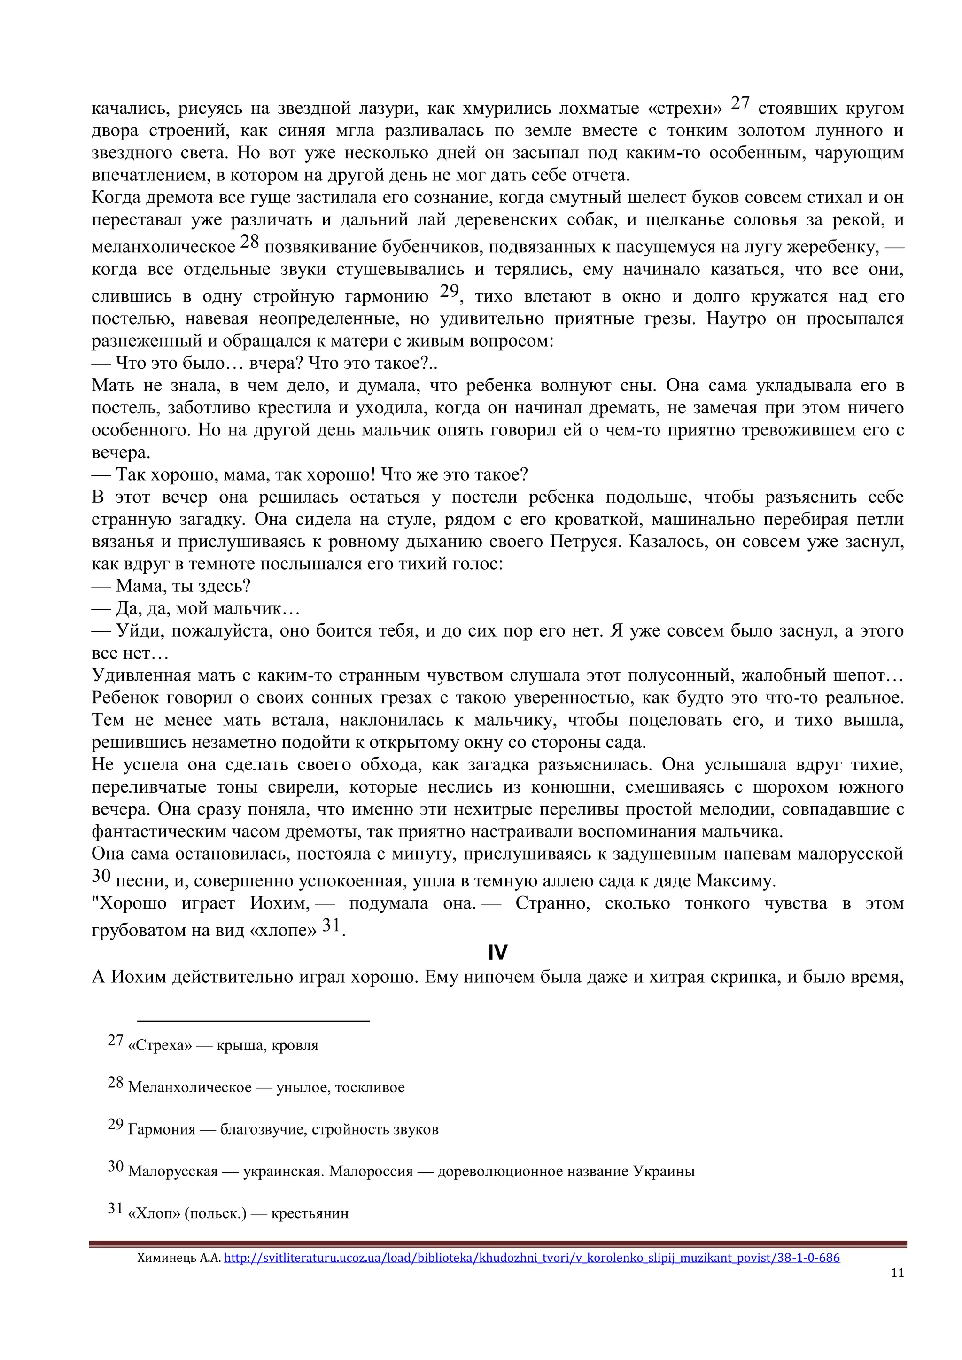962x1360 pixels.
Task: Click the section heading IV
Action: click(x=497, y=953)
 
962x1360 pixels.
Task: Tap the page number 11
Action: click(x=897, y=1272)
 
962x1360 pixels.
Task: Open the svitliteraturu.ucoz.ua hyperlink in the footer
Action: click(x=531, y=1257)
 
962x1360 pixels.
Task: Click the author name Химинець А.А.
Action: click(x=178, y=1258)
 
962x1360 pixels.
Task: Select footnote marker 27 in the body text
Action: click(x=740, y=103)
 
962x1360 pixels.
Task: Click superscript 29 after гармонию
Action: click(x=450, y=291)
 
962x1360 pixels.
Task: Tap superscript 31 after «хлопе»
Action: click(x=331, y=925)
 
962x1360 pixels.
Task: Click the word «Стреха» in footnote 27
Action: click(x=160, y=1045)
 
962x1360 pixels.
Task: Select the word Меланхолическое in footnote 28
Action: click(x=190, y=1088)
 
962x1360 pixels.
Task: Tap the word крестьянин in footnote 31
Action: click(x=310, y=1213)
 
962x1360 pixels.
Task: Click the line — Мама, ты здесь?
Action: click(x=172, y=586)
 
